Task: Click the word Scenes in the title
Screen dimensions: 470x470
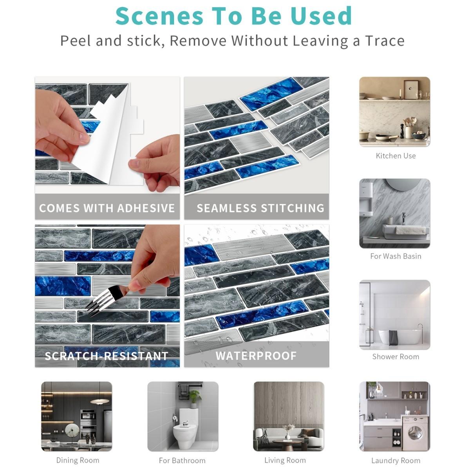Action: pyautogui.click(x=159, y=16)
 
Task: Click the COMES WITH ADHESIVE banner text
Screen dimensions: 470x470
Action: pyautogui.click(x=107, y=208)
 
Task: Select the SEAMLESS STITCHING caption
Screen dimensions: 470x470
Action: pyautogui.click(x=260, y=208)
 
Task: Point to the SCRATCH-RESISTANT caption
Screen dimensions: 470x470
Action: pyautogui.click(x=107, y=356)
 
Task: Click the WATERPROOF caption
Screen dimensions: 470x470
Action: pyautogui.click(x=256, y=356)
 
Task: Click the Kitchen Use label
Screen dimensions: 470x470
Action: pyautogui.click(x=396, y=156)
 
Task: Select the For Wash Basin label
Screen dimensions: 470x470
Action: pyautogui.click(x=396, y=257)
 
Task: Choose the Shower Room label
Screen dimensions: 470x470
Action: pyautogui.click(x=396, y=357)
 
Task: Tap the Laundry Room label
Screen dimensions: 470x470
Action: pyautogui.click(x=396, y=461)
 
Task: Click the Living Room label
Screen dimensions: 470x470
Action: pyautogui.click(x=285, y=461)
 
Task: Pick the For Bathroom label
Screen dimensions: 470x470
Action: pyautogui.click(x=182, y=461)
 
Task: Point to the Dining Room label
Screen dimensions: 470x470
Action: pyautogui.click(x=78, y=461)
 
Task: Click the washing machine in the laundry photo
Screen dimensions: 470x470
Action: pyautogui.click(x=415, y=433)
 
